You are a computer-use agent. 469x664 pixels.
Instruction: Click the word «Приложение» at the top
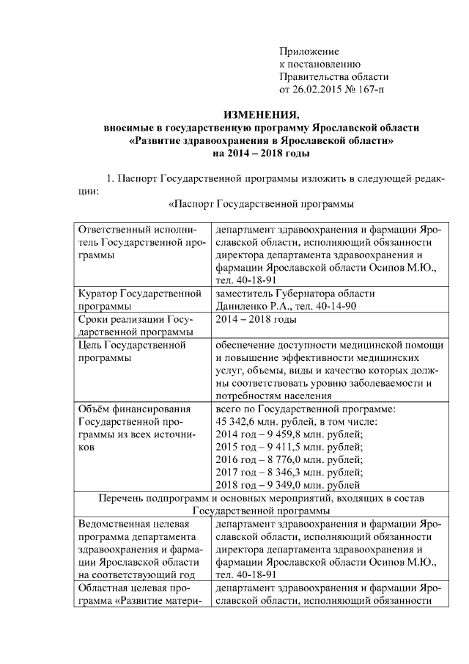coord(309,51)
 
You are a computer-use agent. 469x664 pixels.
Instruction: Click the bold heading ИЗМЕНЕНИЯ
coord(262,115)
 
